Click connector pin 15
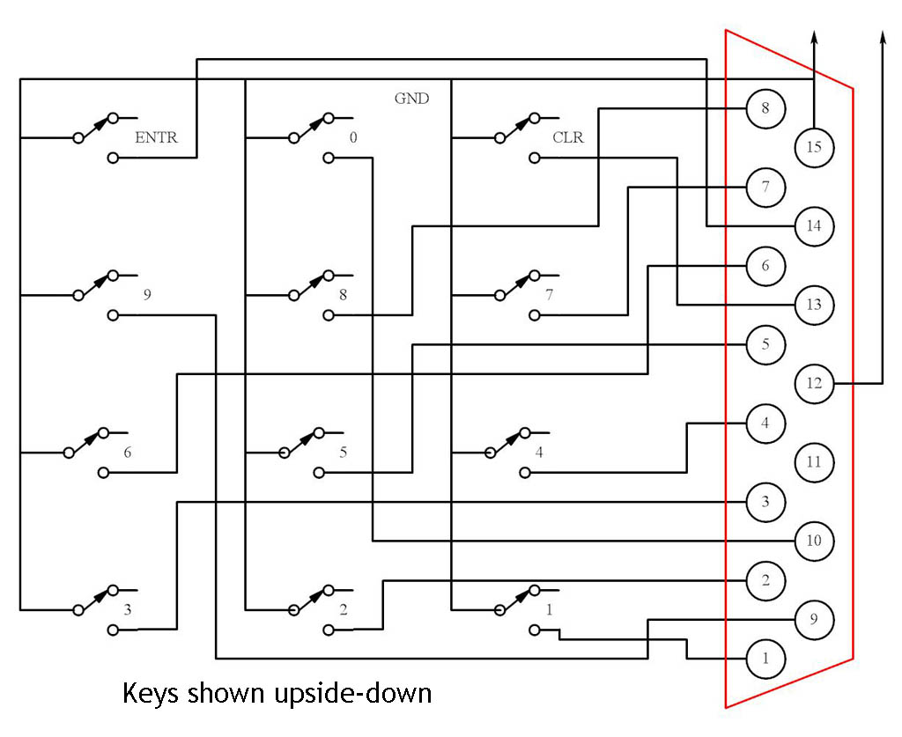[x=814, y=147]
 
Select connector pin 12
[x=814, y=383]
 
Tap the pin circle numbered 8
[x=765, y=108]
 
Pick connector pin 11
[x=814, y=461]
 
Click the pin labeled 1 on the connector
[x=765, y=658]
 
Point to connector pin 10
[x=814, y=540]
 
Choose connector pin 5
[x=765, y=343]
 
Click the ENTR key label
[x=156, y=137]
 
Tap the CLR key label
[x=568, y=137]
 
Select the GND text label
[x=411, y=99]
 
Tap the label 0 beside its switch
[x=353, y=137]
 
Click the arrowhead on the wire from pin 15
[x=814, y=36]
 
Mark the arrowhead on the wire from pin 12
[x=882, y=36]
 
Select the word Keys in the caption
[x=151, y=694]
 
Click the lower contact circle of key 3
[x=112, y=630]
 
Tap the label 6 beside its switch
[x=128, y=453]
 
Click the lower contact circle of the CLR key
[x=534, y=158]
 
